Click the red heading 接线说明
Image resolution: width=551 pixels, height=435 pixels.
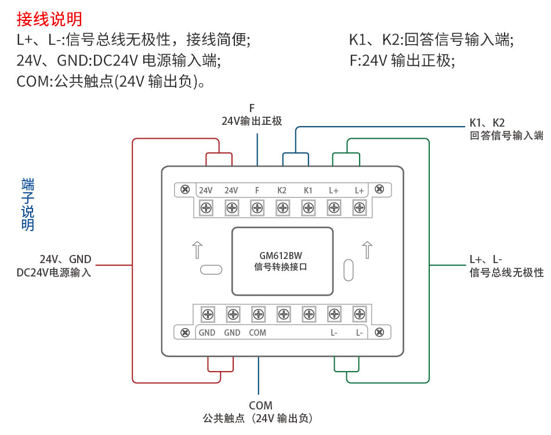pos(49,19)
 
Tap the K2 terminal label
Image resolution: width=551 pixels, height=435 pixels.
pos(282,190)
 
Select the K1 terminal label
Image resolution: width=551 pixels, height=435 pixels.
pos(308,190)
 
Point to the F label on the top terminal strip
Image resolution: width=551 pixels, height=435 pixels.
pos(257,190)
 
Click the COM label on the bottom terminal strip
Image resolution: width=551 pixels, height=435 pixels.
pos(258,333)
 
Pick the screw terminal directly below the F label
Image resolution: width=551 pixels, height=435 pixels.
pos(257,207)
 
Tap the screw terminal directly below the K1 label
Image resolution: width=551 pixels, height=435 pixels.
pos(308,207)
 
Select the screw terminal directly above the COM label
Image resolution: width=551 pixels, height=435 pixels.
pos(258,314)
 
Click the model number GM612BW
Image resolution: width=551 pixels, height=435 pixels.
pos(281,256)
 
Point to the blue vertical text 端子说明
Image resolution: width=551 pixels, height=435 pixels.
pos(28,205)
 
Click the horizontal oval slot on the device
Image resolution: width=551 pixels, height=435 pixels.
pos(211,269)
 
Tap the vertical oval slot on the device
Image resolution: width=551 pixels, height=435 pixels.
pos(348,269)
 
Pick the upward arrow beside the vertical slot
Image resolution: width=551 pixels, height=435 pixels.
pos(367,250)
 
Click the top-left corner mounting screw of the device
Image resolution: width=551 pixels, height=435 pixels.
pos(185,189)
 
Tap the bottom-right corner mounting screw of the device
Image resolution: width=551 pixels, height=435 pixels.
pos(379,332)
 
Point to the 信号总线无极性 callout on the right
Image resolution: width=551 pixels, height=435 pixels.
pos(506,272)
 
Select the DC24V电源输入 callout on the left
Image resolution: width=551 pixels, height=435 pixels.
pos(54,272)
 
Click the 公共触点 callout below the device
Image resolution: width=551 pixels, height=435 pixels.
pos(260,418)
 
